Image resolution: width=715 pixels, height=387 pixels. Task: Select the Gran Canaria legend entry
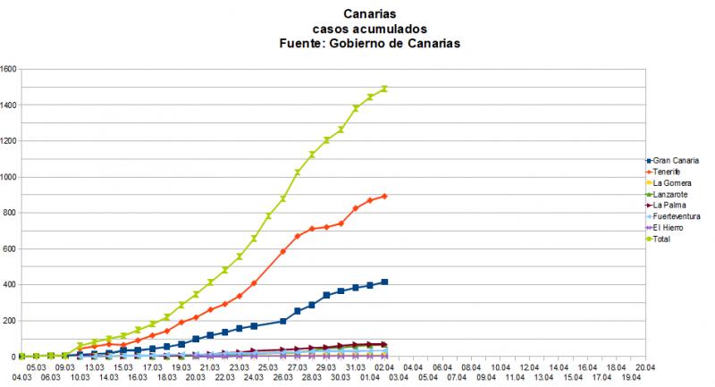(677, 161)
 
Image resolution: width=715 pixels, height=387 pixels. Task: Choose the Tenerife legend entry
(670, 172)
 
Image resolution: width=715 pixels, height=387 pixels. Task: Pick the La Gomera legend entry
(674, 183)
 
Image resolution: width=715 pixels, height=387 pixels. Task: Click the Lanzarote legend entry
(673, 194)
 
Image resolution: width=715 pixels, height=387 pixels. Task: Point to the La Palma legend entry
(671, 206)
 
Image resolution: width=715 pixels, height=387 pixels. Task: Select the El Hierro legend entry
(670, 228)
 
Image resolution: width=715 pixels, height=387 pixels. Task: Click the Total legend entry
(665, 239)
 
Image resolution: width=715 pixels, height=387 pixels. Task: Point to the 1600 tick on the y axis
(10, 69)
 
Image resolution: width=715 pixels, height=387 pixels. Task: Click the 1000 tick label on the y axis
(10, 177)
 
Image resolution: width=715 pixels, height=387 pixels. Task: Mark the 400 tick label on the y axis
(12, 284)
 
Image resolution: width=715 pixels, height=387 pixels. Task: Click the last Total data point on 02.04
(384, 88)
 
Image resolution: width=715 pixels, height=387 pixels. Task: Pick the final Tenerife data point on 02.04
(384, 196)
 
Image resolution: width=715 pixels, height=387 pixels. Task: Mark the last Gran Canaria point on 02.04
(384, 282)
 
